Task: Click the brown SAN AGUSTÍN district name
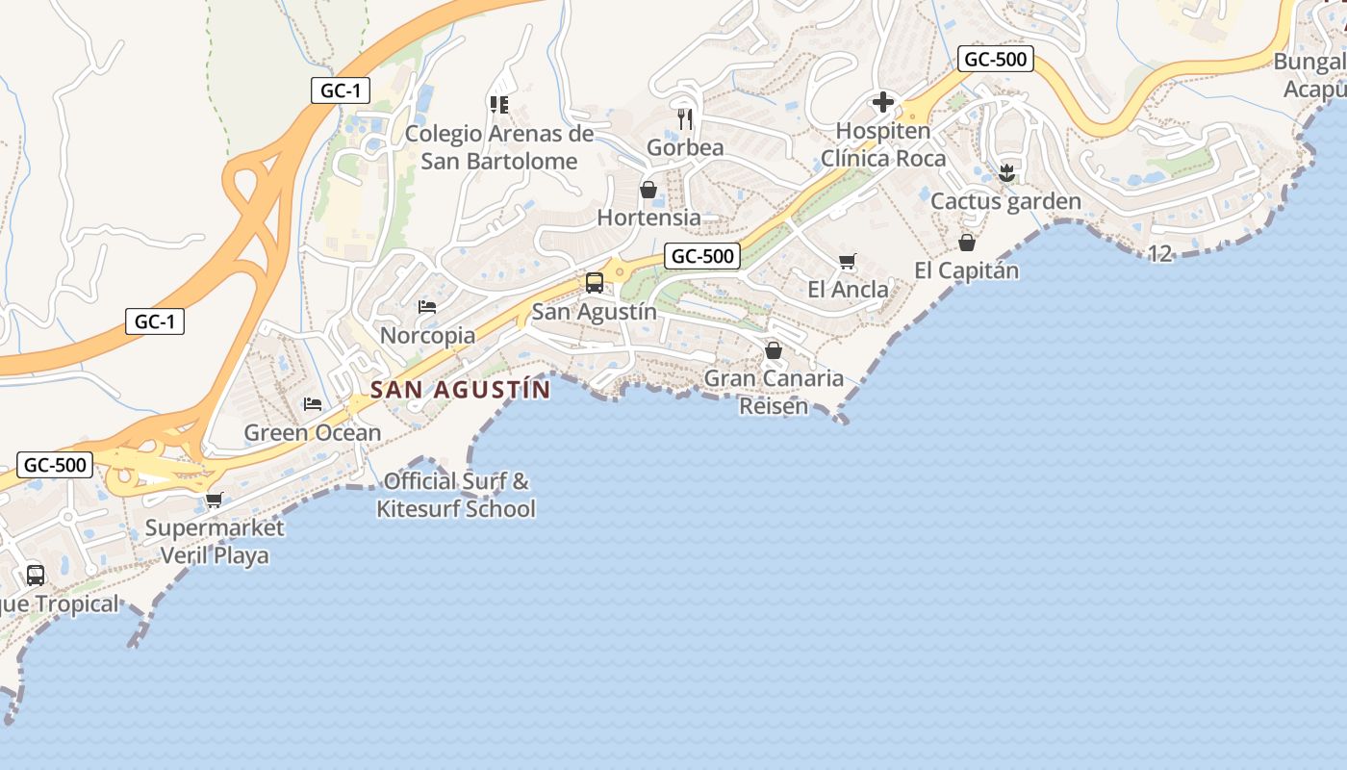460,390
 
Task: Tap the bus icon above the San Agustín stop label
595,282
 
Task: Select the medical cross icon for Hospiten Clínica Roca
882,102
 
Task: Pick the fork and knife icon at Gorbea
685,119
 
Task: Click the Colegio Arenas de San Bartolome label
499,147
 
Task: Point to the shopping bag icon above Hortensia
648,190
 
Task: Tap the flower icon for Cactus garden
1006,173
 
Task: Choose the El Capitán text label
966,270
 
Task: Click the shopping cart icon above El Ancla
848,261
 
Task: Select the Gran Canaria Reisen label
774,392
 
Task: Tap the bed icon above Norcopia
427,307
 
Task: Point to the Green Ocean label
313,433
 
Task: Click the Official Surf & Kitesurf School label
456,495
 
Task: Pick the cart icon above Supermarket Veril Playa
214,500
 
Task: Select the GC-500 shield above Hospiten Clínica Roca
996,60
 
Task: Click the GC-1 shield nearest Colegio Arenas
341,90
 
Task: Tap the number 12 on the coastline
1160,254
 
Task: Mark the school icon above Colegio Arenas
498,104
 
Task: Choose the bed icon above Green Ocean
313,403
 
